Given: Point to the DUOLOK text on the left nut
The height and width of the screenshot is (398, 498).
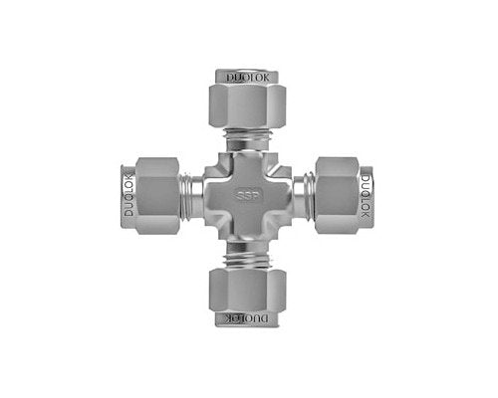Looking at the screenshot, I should (x=126, y=198).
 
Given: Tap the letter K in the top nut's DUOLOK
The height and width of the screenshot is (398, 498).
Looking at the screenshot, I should (x=263, y=76).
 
